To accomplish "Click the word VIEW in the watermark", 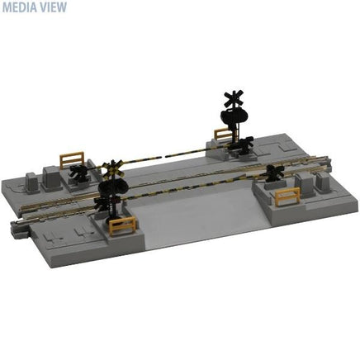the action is point(54,7).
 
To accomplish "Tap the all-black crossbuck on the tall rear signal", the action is point(234,99).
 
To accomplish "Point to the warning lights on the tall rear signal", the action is point(234,114).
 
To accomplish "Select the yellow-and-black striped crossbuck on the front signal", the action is point(112,168).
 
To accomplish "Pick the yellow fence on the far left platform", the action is point(72,159).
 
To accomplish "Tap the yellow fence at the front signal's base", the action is point(122,225).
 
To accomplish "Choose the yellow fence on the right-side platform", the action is point(287,197).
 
